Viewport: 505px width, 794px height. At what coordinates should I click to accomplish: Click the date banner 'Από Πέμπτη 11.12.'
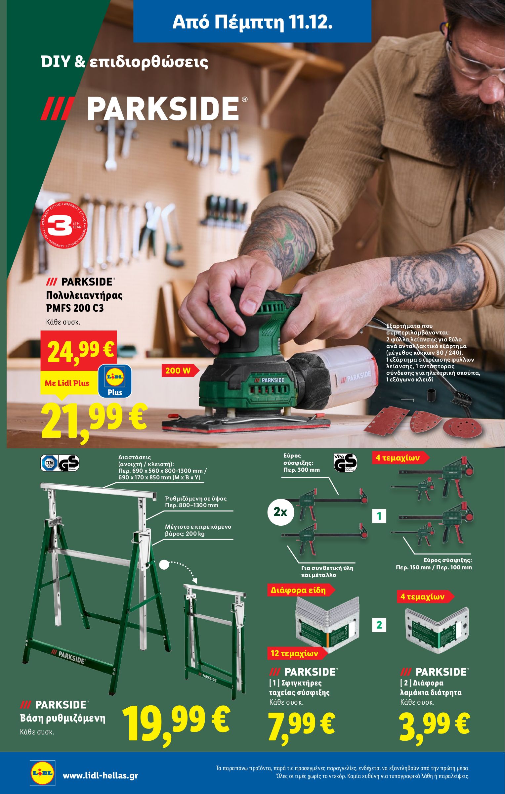(252, 22)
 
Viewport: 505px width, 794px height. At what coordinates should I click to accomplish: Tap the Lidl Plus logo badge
(115, 381)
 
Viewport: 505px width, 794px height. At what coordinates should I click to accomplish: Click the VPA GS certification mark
(345, 462)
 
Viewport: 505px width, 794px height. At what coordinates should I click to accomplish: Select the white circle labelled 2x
(280, 512)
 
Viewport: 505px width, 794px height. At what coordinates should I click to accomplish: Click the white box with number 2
(379, 625)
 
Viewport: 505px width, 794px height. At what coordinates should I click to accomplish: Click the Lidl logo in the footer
(42, 772)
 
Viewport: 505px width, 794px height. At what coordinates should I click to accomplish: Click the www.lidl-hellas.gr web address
(100, 773)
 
